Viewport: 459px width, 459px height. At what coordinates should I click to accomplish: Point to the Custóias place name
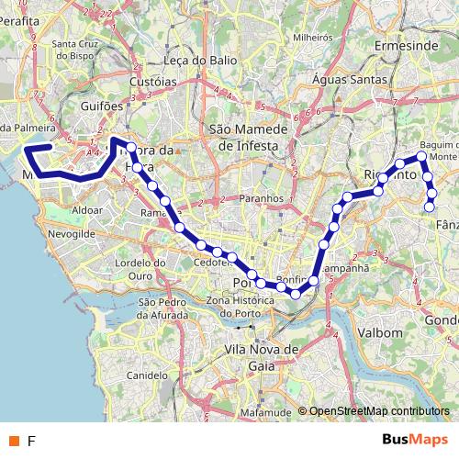pos(152,81)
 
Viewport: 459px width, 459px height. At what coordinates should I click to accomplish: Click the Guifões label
pos(101,106)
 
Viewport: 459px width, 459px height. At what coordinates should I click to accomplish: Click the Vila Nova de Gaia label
pos(262,356)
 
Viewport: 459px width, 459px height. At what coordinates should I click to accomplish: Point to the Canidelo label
pos(145,375)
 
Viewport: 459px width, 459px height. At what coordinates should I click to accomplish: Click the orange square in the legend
pos(14,441)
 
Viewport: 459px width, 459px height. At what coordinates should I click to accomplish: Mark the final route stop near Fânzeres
pos(429,207)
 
